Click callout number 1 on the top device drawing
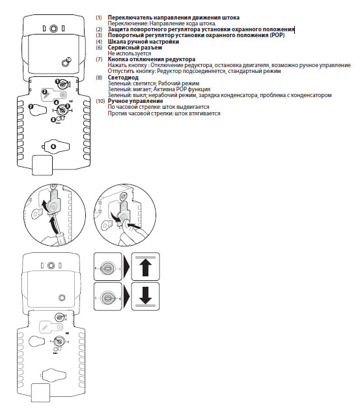[x=57, y=81]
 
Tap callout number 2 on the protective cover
[x=45, y=92]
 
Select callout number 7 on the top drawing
[x=31, y=106]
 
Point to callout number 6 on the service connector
[x=53, y=147]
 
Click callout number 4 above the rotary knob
[x=57, y=102]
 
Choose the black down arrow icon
[x=145, y=295]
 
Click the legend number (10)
[x=100, y=101]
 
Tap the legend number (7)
[x=99, y=59]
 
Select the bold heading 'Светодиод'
[x=123, y=78]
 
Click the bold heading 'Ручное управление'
[x=135, y=101]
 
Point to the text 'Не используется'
[x=130, y=53]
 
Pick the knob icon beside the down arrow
[x=107, y=297]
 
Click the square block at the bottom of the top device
[x=42, y=166]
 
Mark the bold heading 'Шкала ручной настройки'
[x=143, y=42]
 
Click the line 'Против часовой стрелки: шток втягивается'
[x=164, y=113]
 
